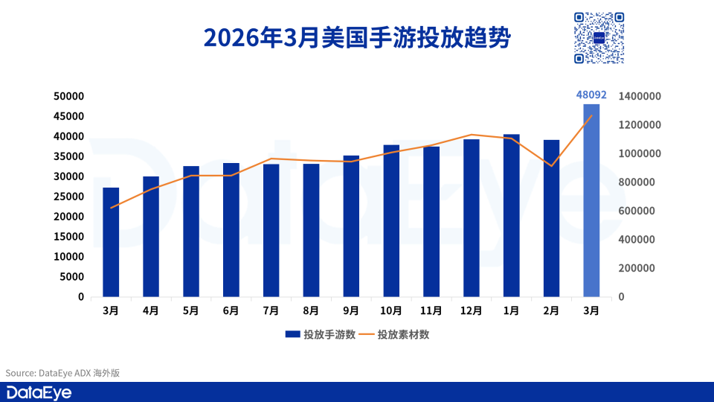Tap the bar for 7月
pyautogui.click(x=271, y=230)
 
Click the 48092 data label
pyautogui.click(x=591, y=95)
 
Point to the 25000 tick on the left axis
pyautogui.click(x=71, y=197)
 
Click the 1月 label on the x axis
pyautogui.click(x=511, y=310)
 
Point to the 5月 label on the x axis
pyautogui.click(x=190, y=310)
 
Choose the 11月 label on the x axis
pyautogui.click(x=431, y=310)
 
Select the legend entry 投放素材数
pyautogui.click(x=395, y=334)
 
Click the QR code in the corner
pyautogui.click(x=599, y=37)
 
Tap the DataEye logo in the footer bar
pyautogui.click(x=39, y=392)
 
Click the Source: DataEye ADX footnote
pyautogui.click(x=62, y=373)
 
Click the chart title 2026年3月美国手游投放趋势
pyautogui.click(x=357, y=37)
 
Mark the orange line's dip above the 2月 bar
pyautogui.click(x=551, y=165)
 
